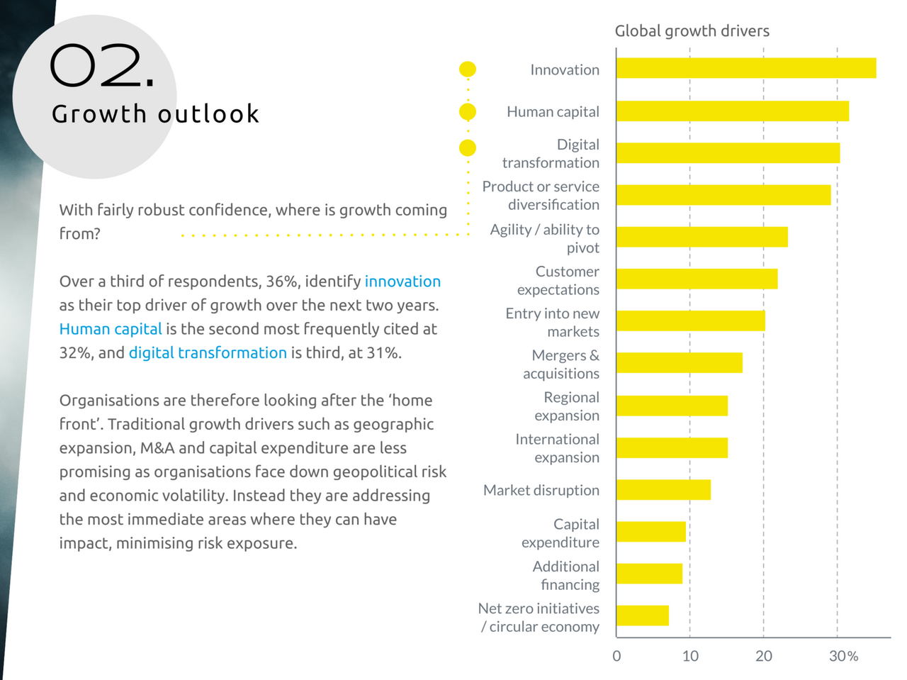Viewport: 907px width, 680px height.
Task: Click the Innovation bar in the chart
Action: tap(746, 68)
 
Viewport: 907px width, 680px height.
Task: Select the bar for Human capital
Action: tap(733, 111)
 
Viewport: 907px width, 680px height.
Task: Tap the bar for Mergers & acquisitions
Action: tap(680, 363)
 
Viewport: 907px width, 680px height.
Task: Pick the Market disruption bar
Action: tap(663, 490)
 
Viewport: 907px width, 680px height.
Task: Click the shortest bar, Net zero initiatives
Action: tap(643, 615)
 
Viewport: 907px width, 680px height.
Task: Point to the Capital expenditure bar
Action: tap(651, 532)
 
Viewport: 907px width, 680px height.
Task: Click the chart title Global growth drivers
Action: tap(692, 31)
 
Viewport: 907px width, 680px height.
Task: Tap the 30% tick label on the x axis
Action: tap(843, 656)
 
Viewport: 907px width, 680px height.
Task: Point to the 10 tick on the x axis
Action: tap(690, 656)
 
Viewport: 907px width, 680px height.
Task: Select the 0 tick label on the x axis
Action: tap(616, 656)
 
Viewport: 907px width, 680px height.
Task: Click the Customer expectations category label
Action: tap(558, 281)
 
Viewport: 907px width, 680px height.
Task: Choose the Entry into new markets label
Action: tap(553, 323)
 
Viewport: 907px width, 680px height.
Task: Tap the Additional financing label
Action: tap(566, 575)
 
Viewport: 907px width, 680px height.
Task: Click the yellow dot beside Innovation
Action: tap(468, 69)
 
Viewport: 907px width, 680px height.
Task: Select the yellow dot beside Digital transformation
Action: tap(468, 147)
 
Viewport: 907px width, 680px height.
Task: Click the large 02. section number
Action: tap(102, 67)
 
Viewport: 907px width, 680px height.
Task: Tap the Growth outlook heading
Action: tap(155, 114)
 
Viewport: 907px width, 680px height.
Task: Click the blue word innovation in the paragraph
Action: tap(402, 282)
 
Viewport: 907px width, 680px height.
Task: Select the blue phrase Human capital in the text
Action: tap(111, 329)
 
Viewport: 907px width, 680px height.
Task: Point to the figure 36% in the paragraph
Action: tap(282, 282)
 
